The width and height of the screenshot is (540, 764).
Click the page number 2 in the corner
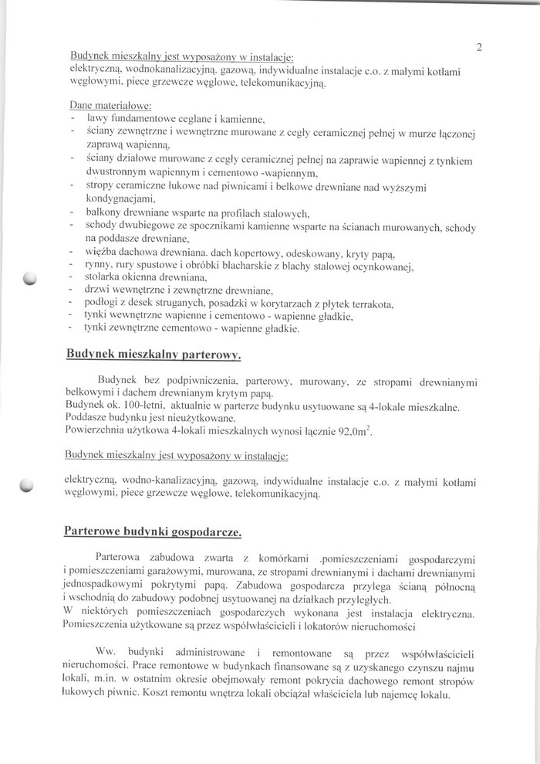[479, 47]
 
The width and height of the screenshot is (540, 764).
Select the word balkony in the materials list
[107, 212]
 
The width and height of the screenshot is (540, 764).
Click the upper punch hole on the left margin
[30, 279]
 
